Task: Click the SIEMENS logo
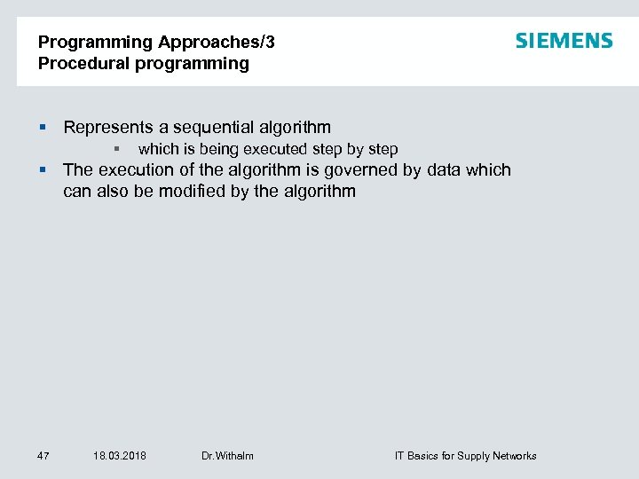click(x=564, y=41)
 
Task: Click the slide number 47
click(x=43, y=456)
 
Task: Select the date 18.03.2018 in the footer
click(x=120, y=456)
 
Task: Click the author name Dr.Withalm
click(x=227, y=456)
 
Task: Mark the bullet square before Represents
click(x=43, y=128)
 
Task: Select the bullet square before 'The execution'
click(x=43, y=170)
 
